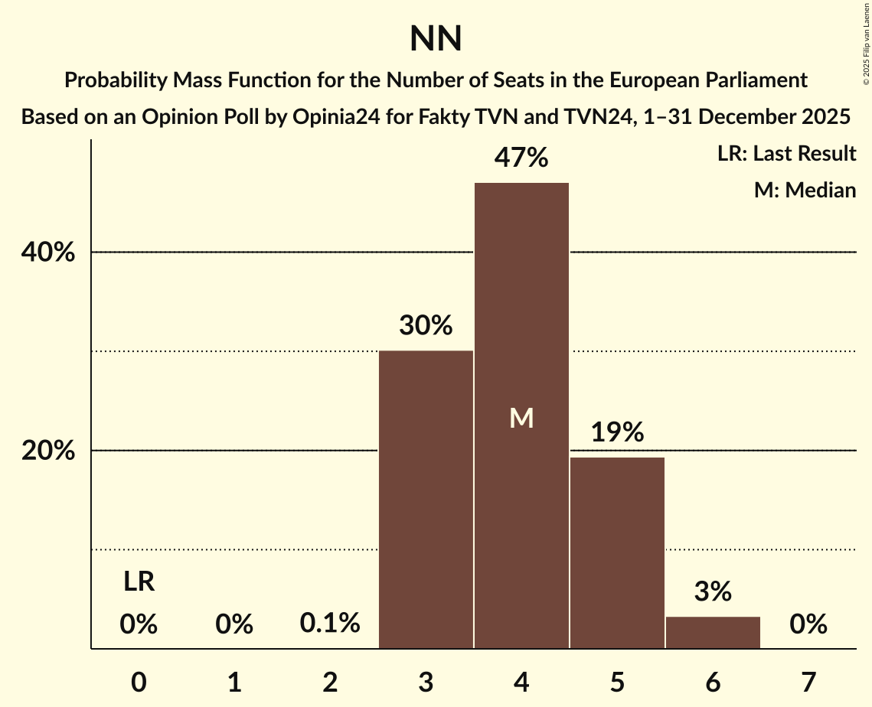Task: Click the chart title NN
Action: pos(436,39)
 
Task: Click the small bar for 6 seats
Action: pos(713,632)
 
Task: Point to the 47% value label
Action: pos(521,158)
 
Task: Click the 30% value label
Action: pos(426,326)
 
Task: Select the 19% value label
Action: pos(617,433)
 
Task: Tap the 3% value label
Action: pos(713,592)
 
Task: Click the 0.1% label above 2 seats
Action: pos(330,624)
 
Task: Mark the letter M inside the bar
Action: pos(521,418)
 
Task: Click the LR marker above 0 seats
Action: pos(139,582)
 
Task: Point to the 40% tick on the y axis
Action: pos(48,252)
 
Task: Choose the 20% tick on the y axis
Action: pos(48,451)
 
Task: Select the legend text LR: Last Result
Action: pos(786,154)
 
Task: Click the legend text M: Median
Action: pos(805,190)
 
